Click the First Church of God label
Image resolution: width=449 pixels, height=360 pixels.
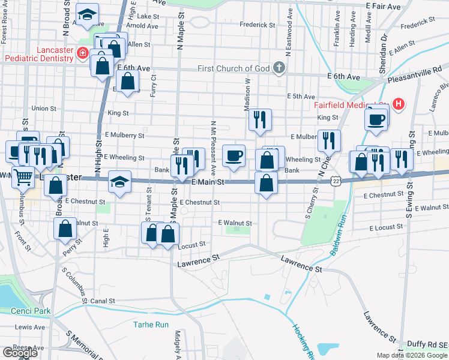[234, 68]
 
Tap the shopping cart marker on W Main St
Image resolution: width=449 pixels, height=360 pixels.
[22, 176]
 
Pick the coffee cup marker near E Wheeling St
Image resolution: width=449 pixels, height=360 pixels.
[234, 155]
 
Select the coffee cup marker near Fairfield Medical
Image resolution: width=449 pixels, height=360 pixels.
[377, 118]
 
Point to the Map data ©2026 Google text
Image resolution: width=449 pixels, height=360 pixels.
[411, 355]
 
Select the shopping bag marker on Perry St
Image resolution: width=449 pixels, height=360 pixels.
[65, 228]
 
